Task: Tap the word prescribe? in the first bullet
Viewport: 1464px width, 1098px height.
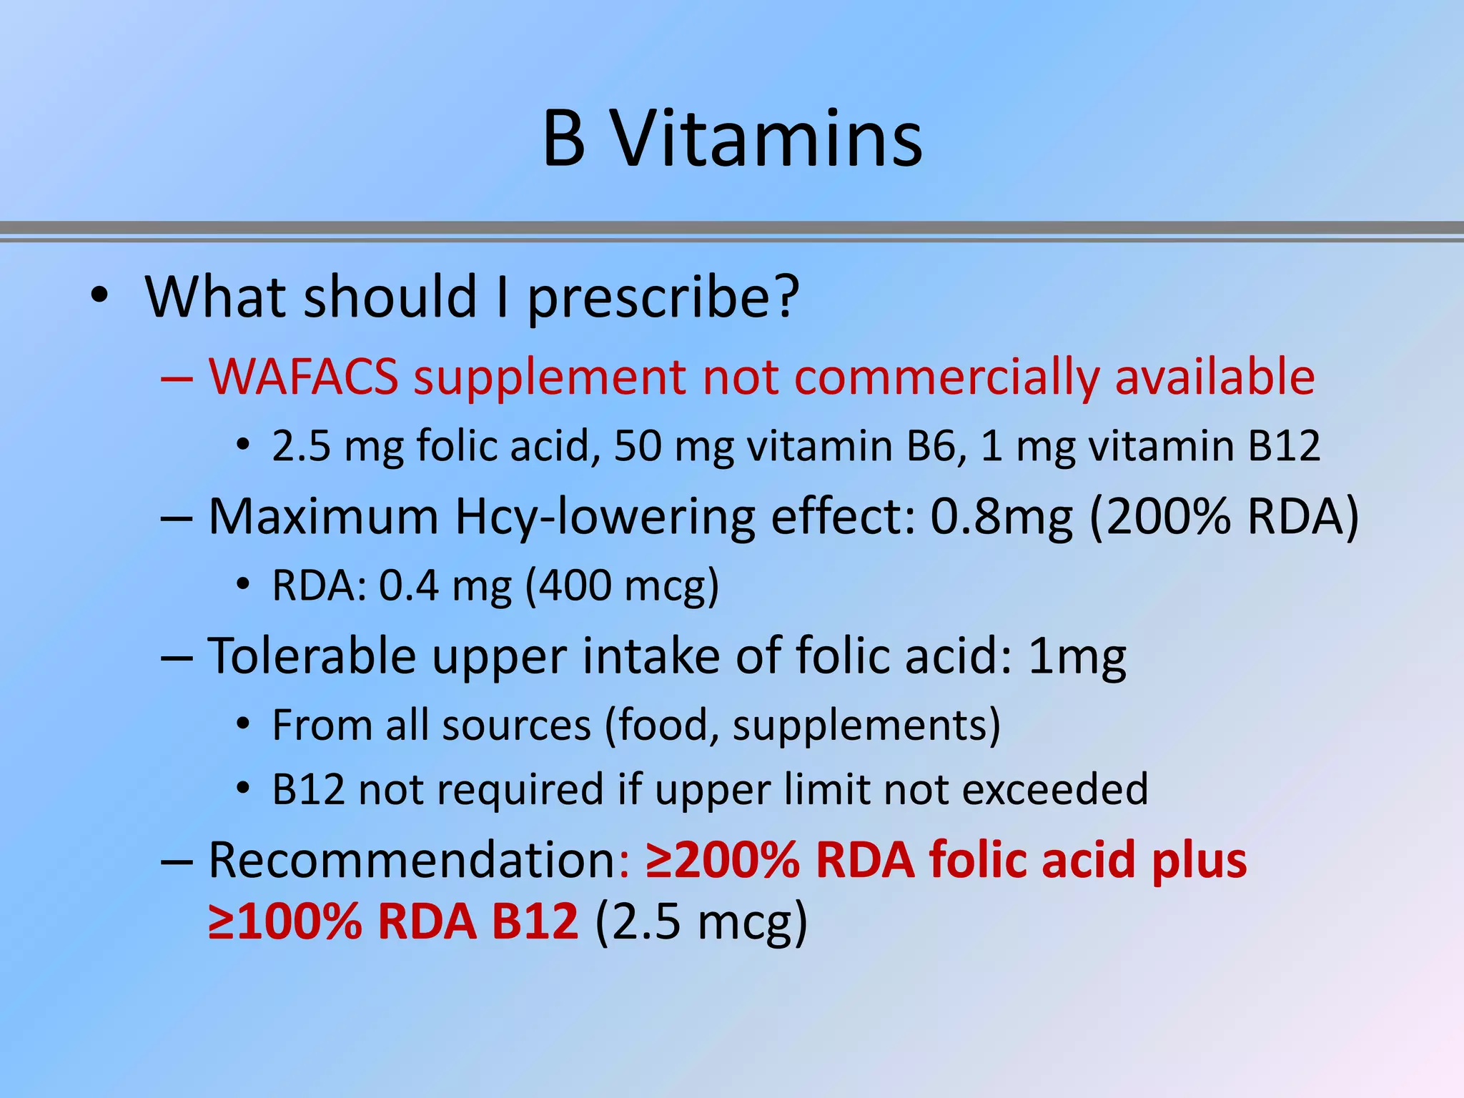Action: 663,297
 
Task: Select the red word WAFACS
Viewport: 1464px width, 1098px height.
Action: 303,377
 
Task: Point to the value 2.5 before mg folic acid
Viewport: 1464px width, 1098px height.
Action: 301,446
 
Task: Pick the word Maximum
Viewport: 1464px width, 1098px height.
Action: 323,516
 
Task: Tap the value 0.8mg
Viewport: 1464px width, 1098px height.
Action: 1001,516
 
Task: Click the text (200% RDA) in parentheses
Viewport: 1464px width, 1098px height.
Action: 1224,516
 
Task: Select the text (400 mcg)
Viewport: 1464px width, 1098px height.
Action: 622,586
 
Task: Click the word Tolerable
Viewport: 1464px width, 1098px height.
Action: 312,656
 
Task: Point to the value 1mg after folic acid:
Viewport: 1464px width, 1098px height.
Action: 1077,656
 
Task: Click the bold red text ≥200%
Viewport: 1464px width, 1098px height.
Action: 722,859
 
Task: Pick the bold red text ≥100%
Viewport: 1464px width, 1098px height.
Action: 285,921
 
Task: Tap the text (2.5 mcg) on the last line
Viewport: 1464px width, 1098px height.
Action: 701,921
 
